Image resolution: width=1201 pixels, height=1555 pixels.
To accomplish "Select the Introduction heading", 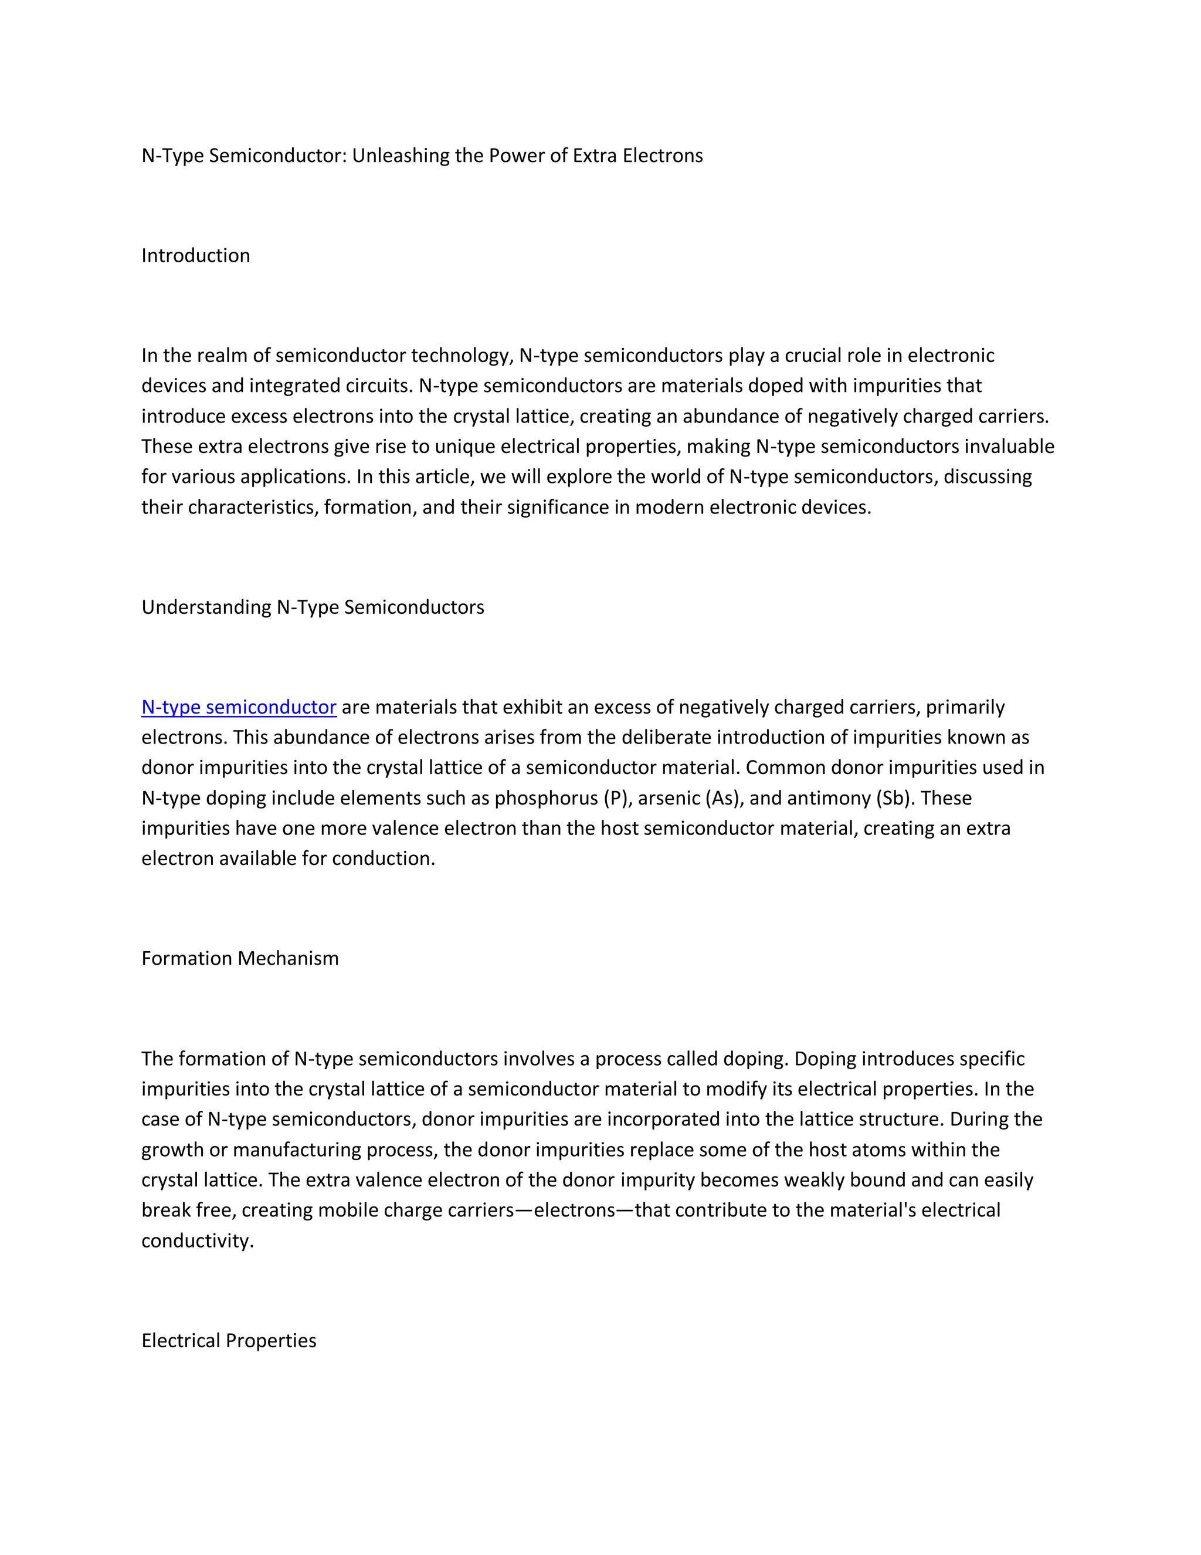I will click(196, 256).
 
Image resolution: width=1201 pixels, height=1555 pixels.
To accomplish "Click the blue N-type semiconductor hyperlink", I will click(239, 707).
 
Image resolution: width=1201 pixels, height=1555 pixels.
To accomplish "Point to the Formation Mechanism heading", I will click(240, 958).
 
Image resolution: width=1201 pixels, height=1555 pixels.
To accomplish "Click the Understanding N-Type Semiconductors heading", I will click(313, 607).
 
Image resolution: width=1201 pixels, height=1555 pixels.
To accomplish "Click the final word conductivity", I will click(197, 1241).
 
